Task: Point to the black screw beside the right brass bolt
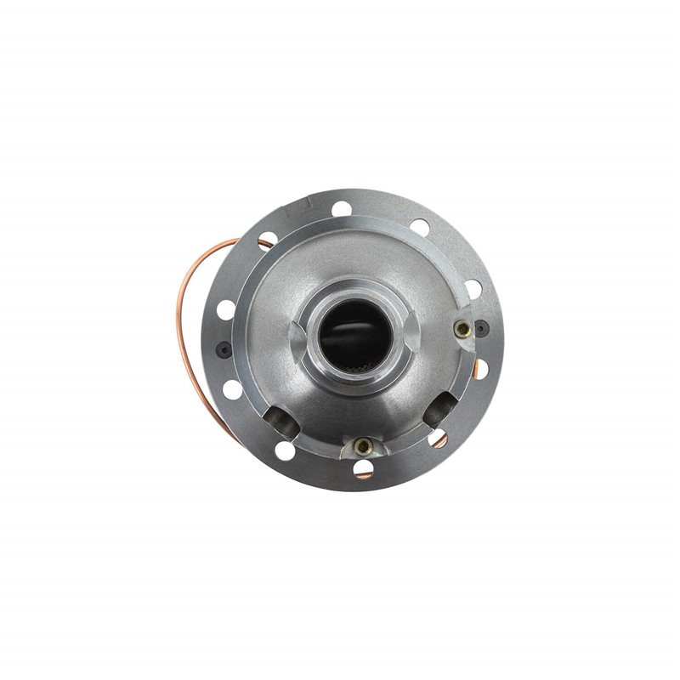point(481,326)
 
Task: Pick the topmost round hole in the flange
point(342,207)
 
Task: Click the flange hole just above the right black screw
point(473,286)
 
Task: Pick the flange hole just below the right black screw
point(480,367)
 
